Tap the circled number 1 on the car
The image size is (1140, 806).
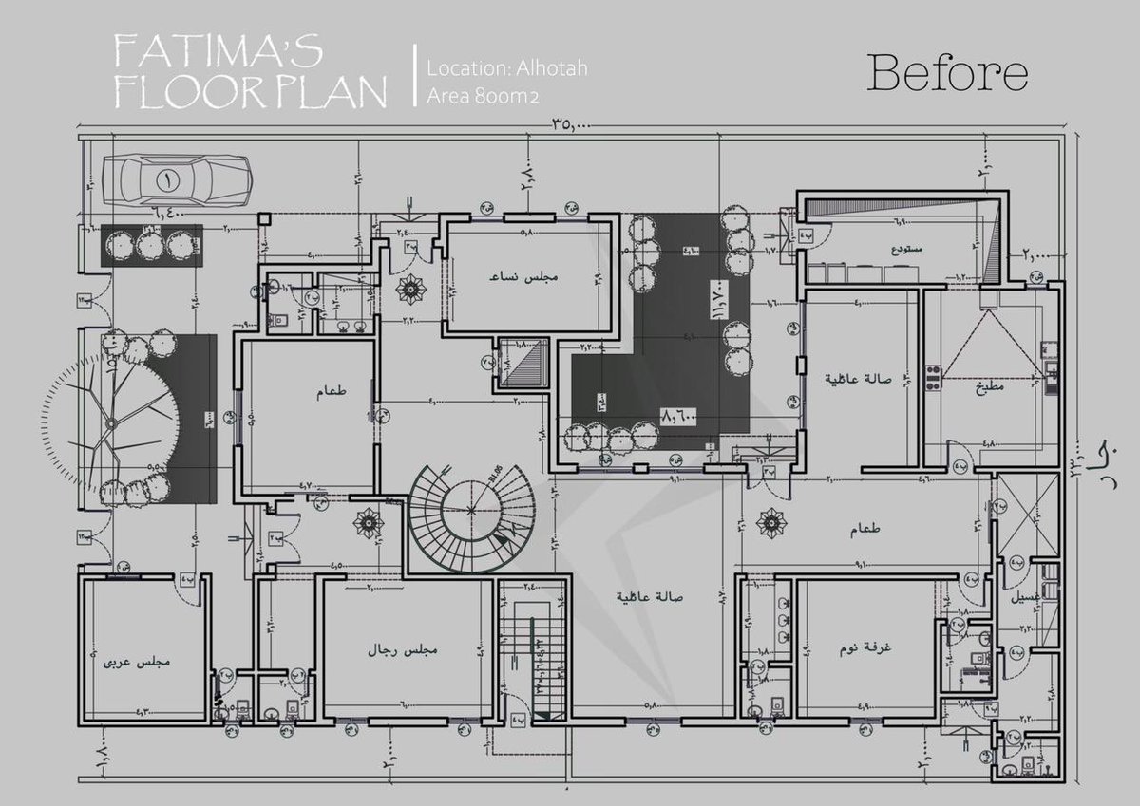167,178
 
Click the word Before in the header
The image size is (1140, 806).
947,74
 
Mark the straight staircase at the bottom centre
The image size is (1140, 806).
533,650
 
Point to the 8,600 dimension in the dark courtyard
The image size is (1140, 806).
677,415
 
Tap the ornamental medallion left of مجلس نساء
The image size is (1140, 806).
410,287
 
